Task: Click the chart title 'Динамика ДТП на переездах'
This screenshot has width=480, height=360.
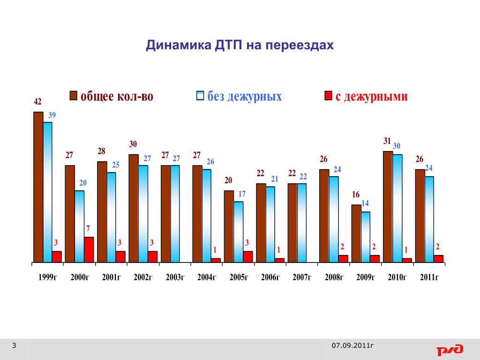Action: point(240,45)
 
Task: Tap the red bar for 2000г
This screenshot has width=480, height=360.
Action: point(89,249)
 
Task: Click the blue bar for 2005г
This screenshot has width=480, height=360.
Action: point(238,232)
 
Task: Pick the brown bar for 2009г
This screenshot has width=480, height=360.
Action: point(356,233)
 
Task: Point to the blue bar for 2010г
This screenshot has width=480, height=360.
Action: point(397,208)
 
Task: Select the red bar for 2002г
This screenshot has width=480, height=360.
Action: point(152,256)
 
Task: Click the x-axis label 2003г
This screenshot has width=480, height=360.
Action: point(175,277)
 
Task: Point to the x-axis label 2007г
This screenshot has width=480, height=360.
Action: point(302,277)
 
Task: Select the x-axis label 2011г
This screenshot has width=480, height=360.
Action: point(429,277)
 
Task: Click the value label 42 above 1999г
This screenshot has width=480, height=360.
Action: point(37,101)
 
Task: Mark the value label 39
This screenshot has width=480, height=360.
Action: point(52,115)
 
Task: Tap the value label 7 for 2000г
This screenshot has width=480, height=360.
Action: point(88,228)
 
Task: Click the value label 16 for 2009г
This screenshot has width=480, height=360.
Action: point(356,195)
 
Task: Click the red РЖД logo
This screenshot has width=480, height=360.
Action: point(450,350)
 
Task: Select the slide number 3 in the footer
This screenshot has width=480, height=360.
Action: point(14,346)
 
